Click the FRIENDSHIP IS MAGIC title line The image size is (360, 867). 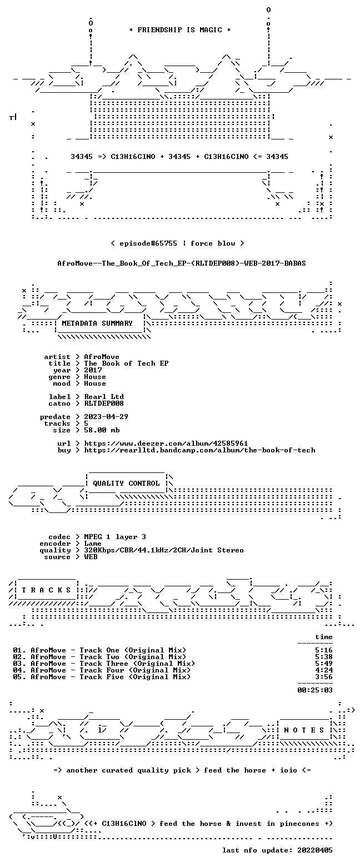[x=179, y=30]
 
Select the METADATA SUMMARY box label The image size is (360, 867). [x=97, y=323]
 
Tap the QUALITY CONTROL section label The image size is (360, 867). [x=126, y=484]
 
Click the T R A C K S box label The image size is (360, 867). [x=47, y=590]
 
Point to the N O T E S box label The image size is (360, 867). [x=304, y=730]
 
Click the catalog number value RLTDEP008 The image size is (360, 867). [x=104, y=403]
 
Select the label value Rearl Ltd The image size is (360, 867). [x=104, y=397]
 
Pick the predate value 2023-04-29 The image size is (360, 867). [x=106, y=417]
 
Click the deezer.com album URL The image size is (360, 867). [x=166, y=444]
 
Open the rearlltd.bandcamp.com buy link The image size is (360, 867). [x=200, y=450]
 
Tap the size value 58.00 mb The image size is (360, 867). [x=102, y=430]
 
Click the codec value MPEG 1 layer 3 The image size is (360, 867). [x=115, y=537]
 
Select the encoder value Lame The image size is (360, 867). [x=93, y=544]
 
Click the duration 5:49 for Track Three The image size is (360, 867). [x=324, y=664]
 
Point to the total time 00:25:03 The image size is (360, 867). [x=314, y=690]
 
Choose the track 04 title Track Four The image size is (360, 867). [x=102, y=670]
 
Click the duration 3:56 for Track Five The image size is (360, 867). [x=324, y=677]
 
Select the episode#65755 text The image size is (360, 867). [x=148, y=243]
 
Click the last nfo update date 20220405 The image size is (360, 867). [x=314, y=850]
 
